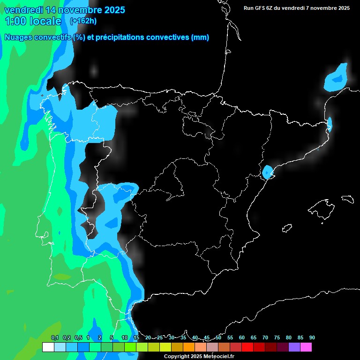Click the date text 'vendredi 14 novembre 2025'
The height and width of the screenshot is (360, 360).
point(64,10)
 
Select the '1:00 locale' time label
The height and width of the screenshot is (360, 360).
point(33,21)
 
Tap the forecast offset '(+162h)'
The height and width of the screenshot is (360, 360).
point(83,21)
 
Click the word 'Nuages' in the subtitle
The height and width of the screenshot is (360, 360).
point(18,37)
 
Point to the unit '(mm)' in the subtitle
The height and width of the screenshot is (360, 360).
point(200,37)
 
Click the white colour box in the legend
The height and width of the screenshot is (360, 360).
point(48,347)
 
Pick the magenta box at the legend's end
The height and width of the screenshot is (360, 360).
point(306,347)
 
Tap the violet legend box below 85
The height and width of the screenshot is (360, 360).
point(294,347)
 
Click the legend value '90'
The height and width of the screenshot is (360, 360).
point(312,337)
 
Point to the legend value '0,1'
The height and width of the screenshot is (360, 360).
point(55,337)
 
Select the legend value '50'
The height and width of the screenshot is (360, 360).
point(218,337)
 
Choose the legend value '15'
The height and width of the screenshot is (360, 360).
point(136,337)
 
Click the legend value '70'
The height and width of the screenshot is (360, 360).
point(265,337)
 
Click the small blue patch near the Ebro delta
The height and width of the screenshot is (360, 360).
point(267,172)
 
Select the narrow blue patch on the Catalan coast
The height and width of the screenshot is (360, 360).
point(330,124)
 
